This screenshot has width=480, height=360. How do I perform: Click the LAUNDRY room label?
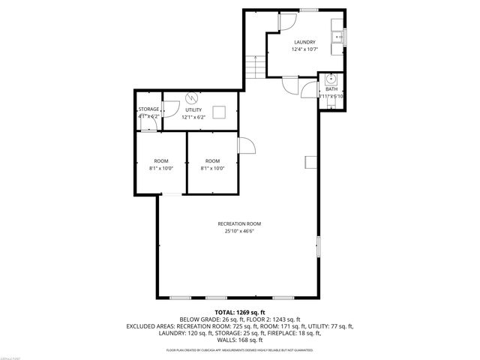304,42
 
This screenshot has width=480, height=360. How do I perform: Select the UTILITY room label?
193,109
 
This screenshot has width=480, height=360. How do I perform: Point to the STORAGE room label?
148,109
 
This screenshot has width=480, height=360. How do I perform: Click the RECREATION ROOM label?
239,223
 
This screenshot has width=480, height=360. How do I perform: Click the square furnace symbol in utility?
220,112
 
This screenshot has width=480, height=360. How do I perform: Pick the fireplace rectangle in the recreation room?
310,163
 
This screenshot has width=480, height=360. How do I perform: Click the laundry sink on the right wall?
340,37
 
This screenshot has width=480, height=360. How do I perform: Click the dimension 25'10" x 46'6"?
239,232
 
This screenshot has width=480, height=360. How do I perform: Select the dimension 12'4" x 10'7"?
304,50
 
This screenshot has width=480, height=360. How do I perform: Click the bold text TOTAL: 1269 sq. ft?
239,311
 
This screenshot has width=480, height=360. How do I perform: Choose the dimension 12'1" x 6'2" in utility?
193,118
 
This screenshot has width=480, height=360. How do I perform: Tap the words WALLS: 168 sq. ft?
239,339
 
